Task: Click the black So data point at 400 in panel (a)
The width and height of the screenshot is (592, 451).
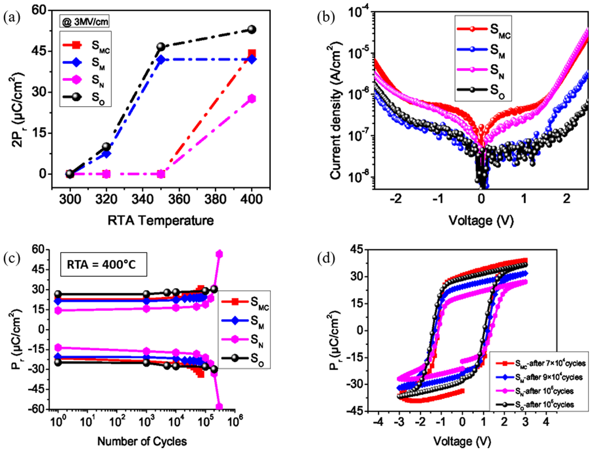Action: coord(252,30)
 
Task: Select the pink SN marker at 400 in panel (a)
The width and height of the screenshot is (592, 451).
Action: coord(252,99)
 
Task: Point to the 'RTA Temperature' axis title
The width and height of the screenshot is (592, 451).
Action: coord(161,221)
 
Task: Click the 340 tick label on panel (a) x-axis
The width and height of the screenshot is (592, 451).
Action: coord(142,199)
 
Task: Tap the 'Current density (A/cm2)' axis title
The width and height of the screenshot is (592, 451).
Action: coord(335,110)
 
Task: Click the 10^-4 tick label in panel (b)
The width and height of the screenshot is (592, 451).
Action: coord(359,12)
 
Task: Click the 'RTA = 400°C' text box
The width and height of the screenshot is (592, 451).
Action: coord(103,264)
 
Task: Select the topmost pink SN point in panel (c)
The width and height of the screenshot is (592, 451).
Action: coord(219,254)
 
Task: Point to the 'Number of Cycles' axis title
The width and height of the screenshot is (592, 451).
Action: coord(142,441)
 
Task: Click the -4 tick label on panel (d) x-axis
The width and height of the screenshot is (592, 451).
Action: coord(378,422)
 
